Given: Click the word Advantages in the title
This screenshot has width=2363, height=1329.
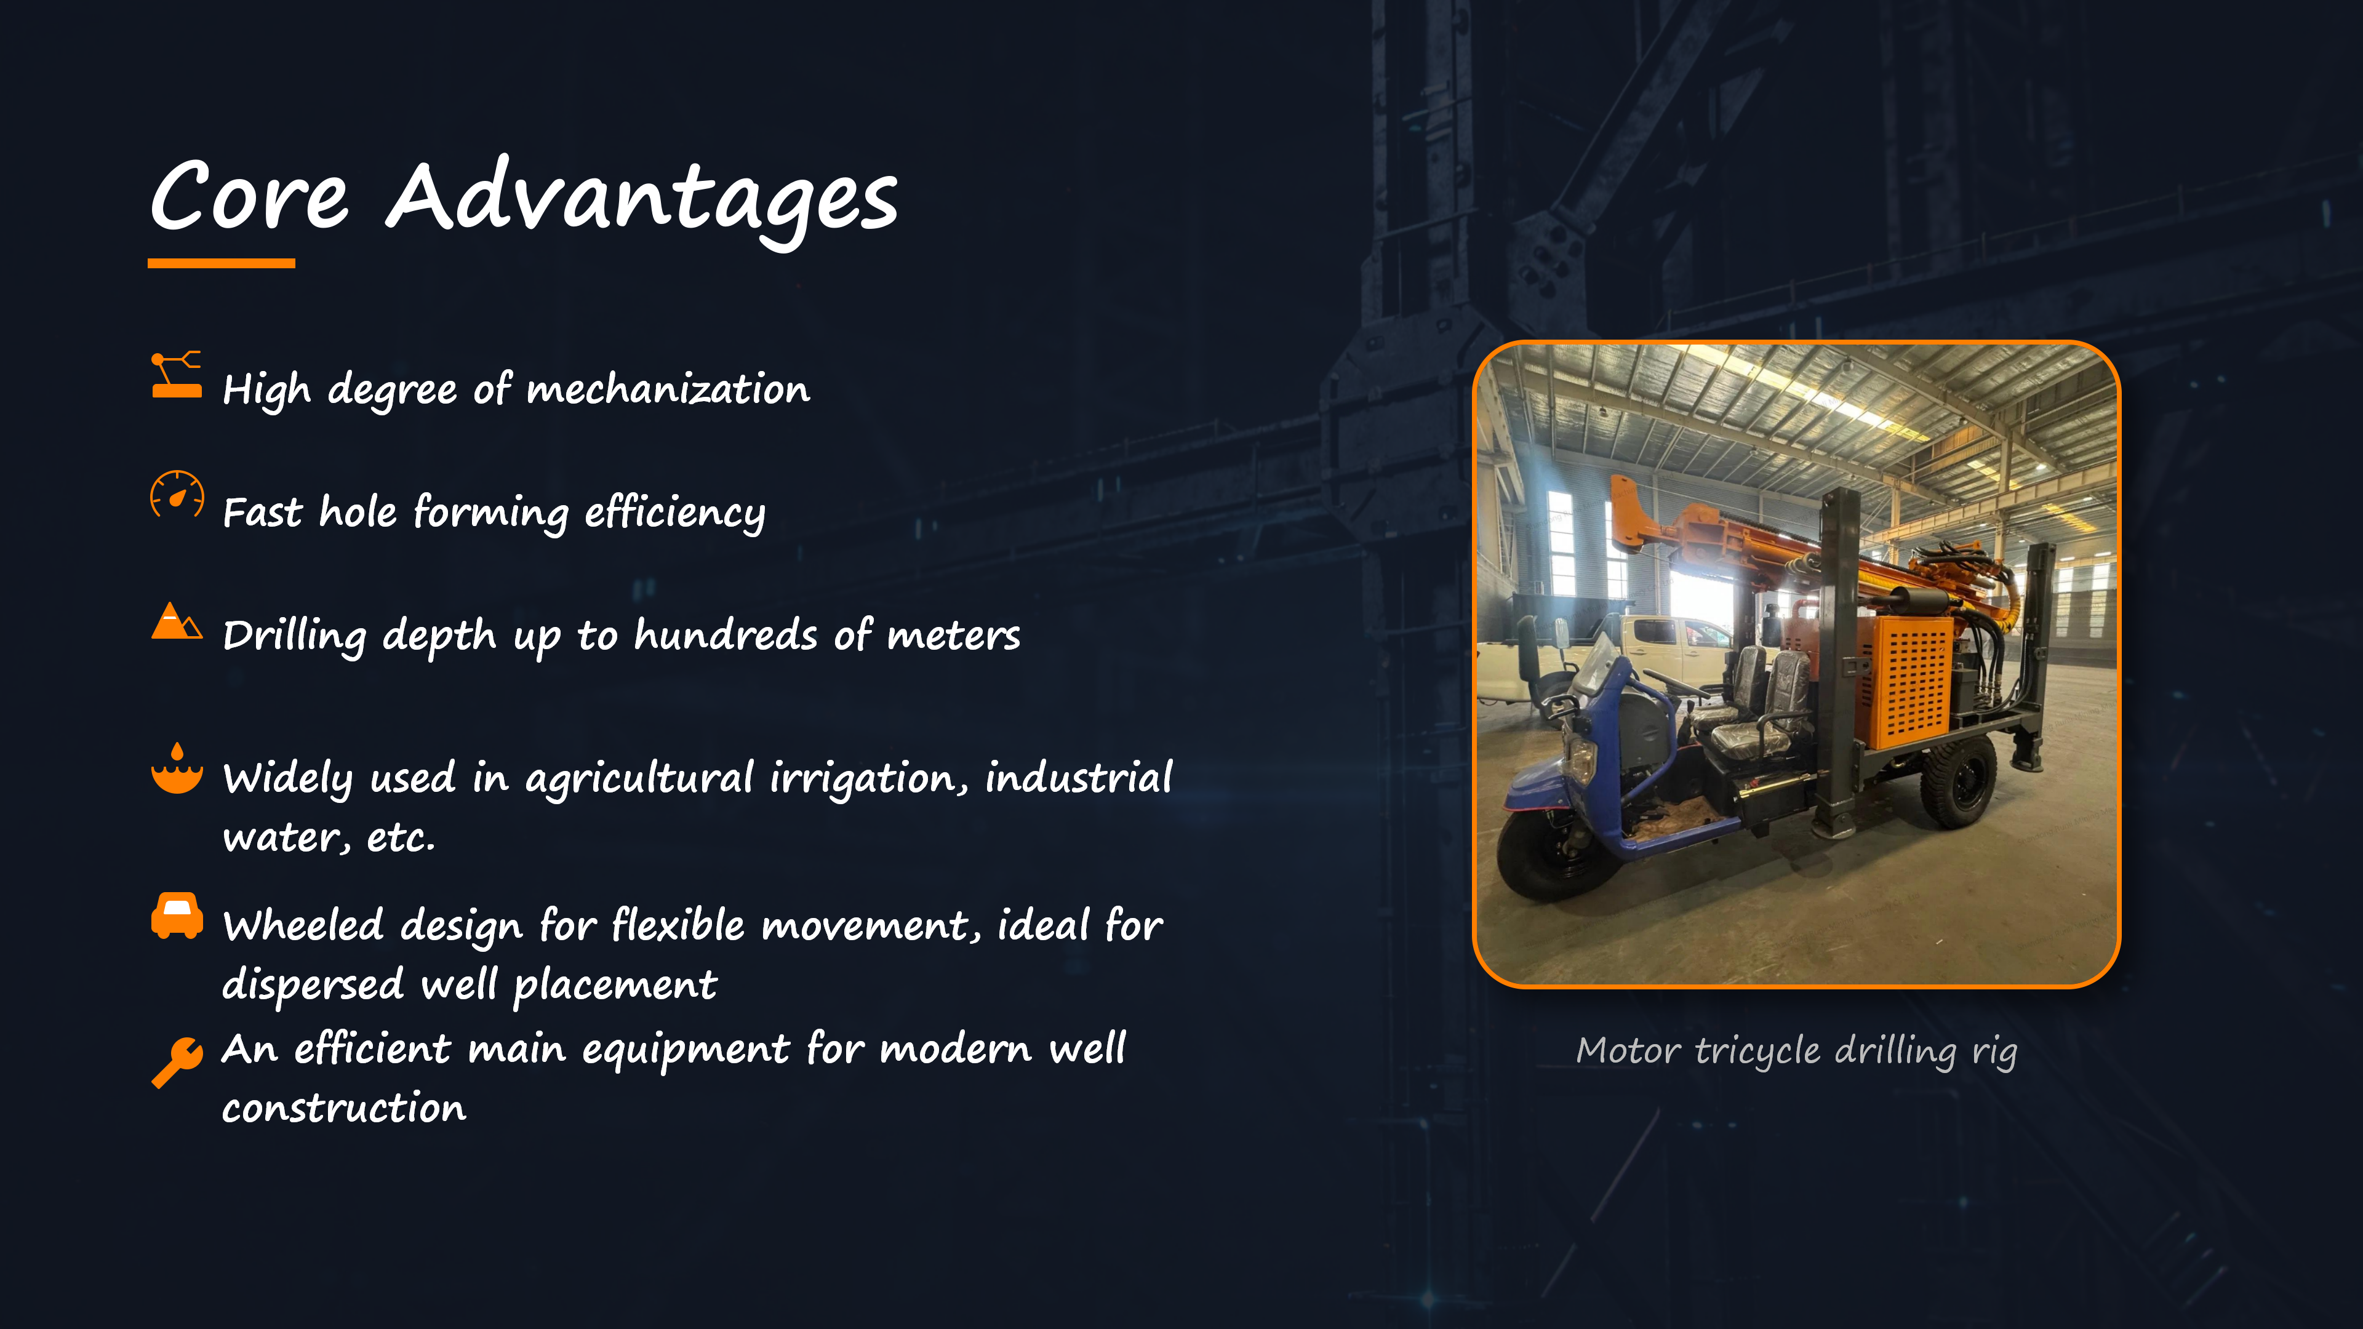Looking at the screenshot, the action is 642,200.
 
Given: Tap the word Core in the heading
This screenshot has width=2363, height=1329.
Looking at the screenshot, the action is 249,196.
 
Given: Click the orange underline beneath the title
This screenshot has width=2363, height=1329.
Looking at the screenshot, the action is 221,263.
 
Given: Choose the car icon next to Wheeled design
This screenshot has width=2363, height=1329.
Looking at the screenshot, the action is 177,916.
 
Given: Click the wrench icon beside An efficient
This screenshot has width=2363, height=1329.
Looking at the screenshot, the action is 177,1062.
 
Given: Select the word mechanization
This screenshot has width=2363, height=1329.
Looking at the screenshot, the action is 669,389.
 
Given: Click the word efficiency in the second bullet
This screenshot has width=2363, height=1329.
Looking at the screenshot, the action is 675,513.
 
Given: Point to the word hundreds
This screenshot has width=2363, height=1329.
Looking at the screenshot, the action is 726,635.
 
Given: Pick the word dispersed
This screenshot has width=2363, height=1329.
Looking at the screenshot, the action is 313,985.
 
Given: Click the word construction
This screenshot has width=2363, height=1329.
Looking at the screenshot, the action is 345,1109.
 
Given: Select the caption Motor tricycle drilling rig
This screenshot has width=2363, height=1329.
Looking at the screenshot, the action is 1796,1051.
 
